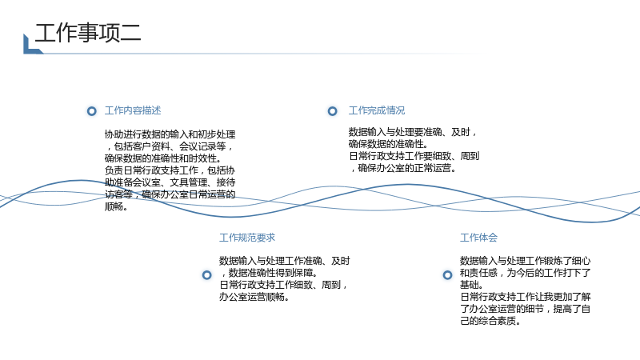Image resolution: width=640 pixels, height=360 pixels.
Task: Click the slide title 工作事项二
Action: coord(88,33)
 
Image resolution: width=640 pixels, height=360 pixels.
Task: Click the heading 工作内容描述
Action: coord(133,110)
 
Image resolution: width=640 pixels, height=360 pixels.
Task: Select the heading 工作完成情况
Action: coord(376,110)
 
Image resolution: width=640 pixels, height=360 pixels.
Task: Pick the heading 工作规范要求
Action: coord(247,238)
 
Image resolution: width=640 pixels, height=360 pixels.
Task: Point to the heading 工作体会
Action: coord(478,238)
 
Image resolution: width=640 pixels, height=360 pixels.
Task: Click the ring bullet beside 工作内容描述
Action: coord(92,111)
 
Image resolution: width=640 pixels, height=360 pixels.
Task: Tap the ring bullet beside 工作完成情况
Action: coord(333,111)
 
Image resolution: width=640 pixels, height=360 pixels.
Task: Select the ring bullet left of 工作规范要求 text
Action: coord(207,275)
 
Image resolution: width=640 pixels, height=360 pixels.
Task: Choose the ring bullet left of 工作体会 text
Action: coord(448,275)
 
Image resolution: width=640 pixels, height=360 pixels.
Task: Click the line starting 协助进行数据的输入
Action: coord(170,134)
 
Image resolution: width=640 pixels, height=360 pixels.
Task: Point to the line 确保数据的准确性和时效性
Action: coord(163,158)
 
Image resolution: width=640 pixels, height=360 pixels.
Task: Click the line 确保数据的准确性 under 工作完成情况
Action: coord(388,144)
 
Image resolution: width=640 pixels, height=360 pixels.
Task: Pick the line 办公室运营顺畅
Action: coord(254,297)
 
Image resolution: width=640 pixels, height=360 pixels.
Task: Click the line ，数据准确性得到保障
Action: coord(270,273)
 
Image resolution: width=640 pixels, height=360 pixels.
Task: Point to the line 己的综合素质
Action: coord(490,322)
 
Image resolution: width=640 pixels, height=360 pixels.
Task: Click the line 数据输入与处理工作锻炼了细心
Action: coord(525,261)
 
